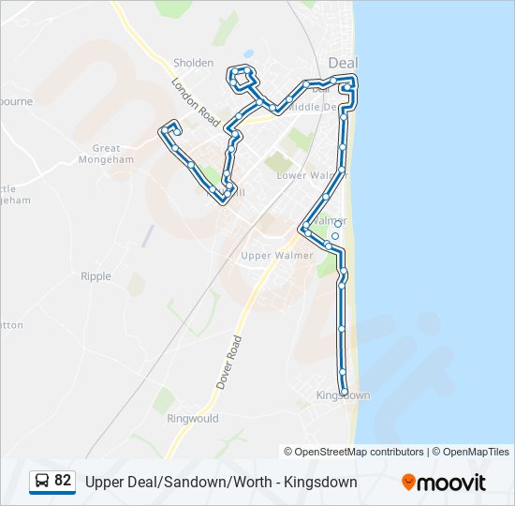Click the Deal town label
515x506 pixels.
(x=344, y=62)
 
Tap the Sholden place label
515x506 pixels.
(x=193, y=63)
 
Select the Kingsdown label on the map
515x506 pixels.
(x=344, y=396)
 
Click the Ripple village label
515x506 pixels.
(x=96, y=276)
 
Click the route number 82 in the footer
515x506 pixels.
(x=63, y=481)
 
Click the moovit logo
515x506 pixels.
(x=444, y=482)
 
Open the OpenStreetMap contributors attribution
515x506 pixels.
(x=360, y=452)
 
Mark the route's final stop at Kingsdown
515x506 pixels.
(x=345, y=392)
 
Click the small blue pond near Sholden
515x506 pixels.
(x=248, y=53)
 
